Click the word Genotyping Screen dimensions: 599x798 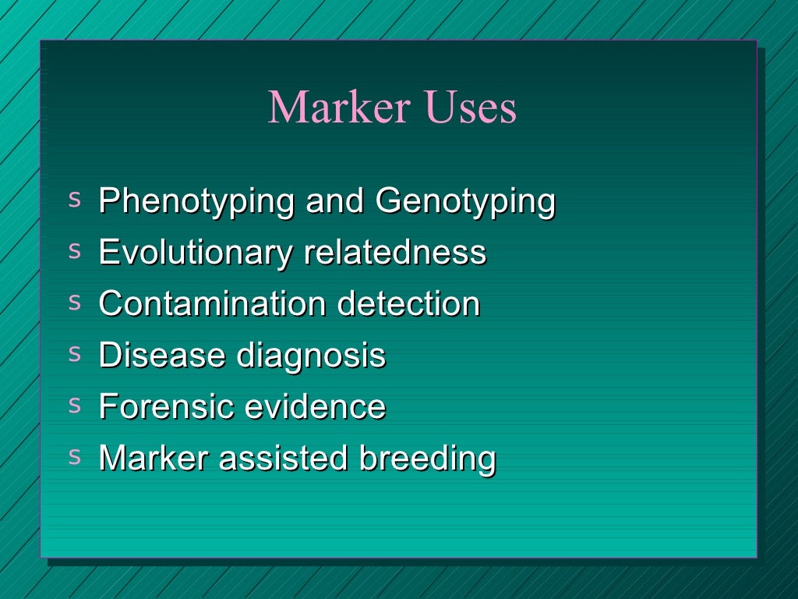coord(465,202)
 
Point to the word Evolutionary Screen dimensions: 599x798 coord(196,253)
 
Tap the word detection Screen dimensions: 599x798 coord(408,303)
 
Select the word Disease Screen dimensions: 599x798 coord(161,355)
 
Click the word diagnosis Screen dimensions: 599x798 coord(311,356)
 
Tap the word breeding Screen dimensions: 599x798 coord(427,459)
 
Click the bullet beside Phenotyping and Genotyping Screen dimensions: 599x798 coord(75,199)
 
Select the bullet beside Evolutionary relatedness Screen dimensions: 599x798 coord(75,250)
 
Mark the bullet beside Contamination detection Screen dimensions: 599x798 coord(75,302)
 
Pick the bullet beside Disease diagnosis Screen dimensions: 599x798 coord(75,353)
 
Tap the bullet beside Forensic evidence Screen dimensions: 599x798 coord(75,405)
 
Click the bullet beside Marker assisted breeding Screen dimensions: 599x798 coord(75,456)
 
